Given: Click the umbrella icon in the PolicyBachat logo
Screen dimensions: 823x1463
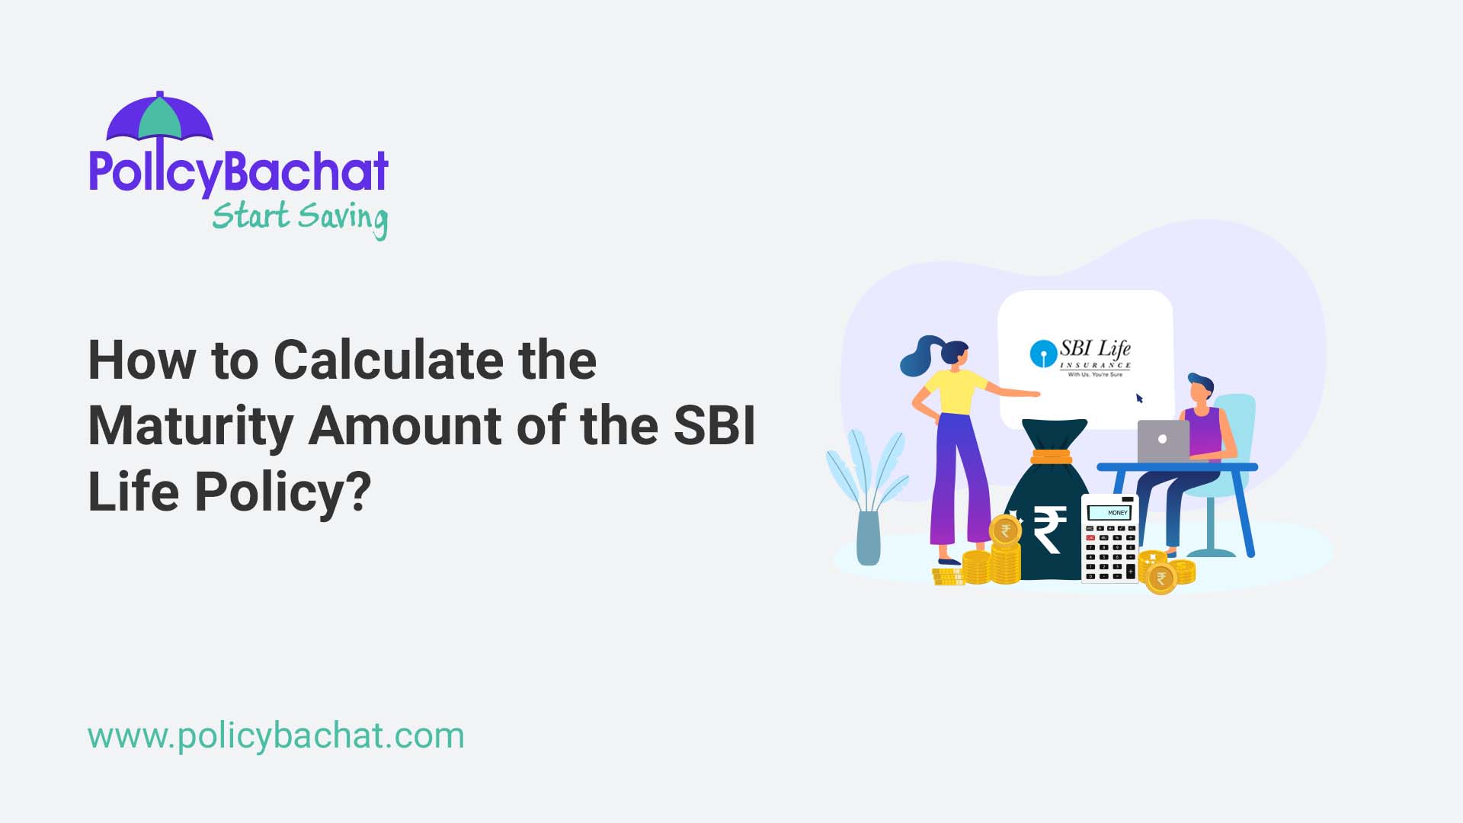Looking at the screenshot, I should pos(160,118).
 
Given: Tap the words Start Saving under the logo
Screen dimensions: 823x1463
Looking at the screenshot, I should pos(299,217).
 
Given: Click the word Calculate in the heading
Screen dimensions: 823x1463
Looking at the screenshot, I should pos(388,360).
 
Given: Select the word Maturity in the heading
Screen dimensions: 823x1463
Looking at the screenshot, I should pos(190,426).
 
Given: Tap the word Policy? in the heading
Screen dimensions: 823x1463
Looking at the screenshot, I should pos(282,492).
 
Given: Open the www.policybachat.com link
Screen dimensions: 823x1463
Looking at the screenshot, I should pos(276,736).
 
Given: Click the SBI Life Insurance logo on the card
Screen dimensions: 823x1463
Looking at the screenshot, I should pos(1080,357).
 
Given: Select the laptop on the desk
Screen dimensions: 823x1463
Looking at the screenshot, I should pos(1163,440).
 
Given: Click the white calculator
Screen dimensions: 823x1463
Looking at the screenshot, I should pos(1109,539).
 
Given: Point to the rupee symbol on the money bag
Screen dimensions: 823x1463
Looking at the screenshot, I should pos(1049,530).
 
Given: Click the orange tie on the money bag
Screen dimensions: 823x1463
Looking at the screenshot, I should pos(1052,457).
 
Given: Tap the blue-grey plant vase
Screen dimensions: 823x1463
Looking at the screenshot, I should pos(869,537).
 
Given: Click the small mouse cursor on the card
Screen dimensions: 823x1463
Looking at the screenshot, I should pos(1140,399).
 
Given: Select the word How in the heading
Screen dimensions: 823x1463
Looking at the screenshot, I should pos(142,360).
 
